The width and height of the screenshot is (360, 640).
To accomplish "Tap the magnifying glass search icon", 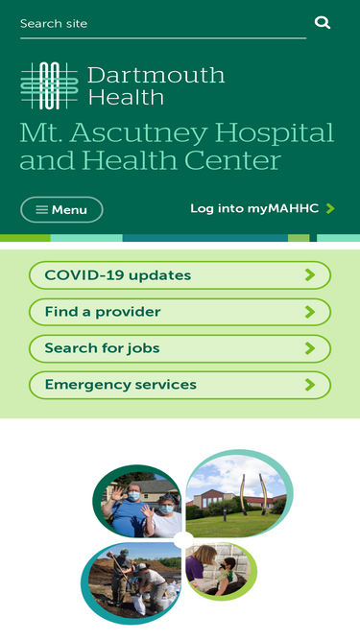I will coord(323,22).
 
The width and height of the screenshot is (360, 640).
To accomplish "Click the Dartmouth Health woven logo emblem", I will coord(49,85).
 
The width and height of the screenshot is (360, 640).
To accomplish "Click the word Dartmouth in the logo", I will coord(156,75).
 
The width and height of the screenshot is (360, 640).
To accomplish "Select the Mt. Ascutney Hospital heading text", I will coord(177,145).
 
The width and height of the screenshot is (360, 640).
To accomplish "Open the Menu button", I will coord(61,209).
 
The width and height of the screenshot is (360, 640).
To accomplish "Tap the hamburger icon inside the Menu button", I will coord(41,209).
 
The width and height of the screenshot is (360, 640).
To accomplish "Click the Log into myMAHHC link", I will coord(253,208).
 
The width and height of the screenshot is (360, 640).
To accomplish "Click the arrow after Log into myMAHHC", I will coord(330,208).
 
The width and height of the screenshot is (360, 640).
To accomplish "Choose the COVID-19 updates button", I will coord(180,275).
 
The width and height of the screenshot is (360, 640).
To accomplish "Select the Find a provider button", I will coord(180,312).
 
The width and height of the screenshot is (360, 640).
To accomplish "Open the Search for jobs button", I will coord(180,348).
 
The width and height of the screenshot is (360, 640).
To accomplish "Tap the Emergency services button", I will coord(180,385).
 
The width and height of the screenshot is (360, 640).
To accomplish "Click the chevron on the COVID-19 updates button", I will coord(309,275).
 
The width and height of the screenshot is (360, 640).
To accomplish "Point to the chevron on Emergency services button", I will coord(309,385).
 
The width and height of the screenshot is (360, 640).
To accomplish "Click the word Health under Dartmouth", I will coord(126,97).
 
